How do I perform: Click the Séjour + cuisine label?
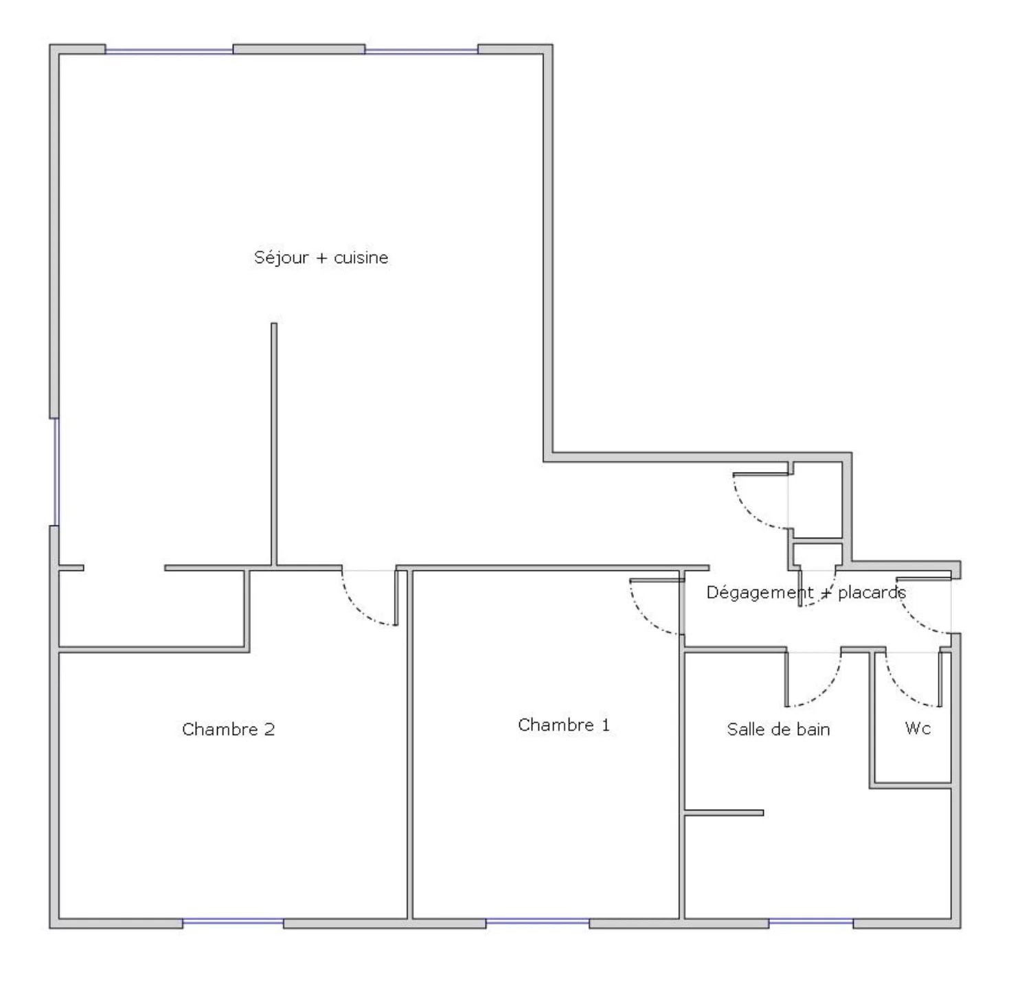pos(321,257)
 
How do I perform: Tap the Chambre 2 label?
pos(228,729)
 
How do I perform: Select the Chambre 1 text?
pos(564,724)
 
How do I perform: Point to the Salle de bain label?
pos(778,729)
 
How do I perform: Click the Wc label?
pos(918,728)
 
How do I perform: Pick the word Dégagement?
pos(753,593)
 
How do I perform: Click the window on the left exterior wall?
pos(56,472)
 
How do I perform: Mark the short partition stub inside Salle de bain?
pos(724,813)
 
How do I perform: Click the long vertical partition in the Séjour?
pos(274,444)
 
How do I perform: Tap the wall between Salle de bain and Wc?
pos(872,718)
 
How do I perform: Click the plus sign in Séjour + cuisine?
pos(321,258)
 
